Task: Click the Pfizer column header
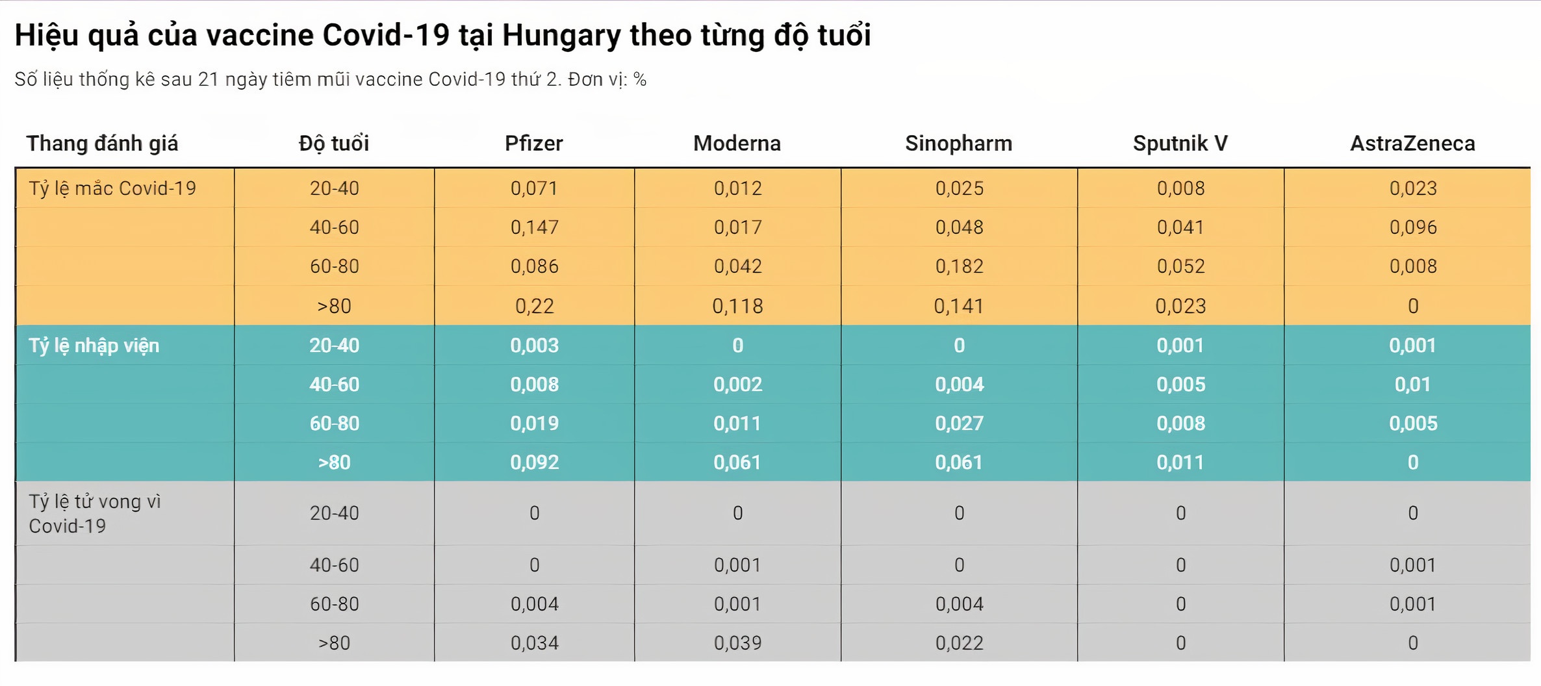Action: tap(533, 143)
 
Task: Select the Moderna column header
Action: tap(737, 143)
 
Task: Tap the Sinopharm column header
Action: tap(958, 143)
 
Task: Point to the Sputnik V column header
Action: tap(1180, 143)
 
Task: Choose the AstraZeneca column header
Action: tap(1412, 143)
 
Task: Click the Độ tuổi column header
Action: tap(334, 143)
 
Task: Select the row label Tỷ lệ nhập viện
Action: tap(94, 345)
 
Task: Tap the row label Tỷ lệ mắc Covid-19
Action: tap(112, 188)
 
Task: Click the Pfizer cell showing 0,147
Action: tap(534, 227)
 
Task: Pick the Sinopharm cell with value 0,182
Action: tap(959, 266)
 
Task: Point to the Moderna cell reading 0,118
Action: tap(737, 306)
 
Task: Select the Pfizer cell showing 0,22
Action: tap(534, 306)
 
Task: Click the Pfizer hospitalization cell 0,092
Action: tap(534, 462)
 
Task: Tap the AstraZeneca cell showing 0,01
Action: tap(1412, 384)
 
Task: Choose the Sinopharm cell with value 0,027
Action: tap(959, 423)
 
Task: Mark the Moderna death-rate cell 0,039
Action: tap(737, 642)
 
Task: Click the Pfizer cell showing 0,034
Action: tap(534, 642)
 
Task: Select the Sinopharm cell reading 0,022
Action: tap(959, 642)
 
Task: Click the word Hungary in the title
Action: tap(561, 35)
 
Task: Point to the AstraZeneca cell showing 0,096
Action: tap(1412, 227)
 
